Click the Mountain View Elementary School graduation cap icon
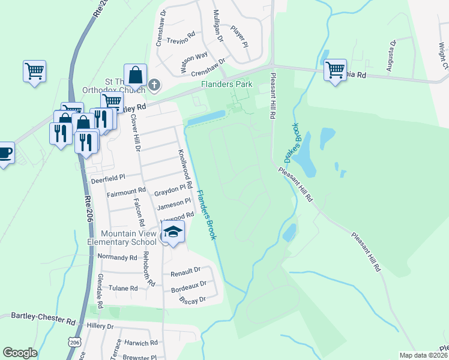pos(173,233)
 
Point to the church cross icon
pos(154,85)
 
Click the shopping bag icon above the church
pos(136,75)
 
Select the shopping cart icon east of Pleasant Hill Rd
pos(335,70)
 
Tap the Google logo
pos(20,353)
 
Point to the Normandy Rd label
pos(117,257)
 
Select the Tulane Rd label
pos(122,288)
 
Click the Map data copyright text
pos(424,355)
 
